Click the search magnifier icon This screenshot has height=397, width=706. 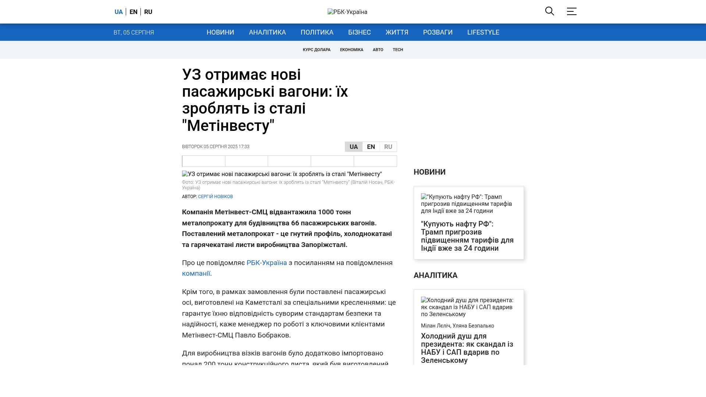[x=549, y=11]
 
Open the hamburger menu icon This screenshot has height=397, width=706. [x=571, y=11]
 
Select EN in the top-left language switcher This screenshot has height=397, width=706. [x=133, y=12]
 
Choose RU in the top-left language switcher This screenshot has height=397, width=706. [x=148, y=12]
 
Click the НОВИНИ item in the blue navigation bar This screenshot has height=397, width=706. [x=220, y=32]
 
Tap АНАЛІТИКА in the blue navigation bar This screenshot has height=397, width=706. [x=267, y=32]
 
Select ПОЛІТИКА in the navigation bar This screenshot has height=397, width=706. [x=317, y=32]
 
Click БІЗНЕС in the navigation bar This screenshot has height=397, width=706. [x=359, y=32]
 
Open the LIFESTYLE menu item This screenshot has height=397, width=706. [x=483, y=32]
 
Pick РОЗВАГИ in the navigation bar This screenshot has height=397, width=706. [x=438, y=32]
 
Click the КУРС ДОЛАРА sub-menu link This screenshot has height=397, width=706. [x=317, y=50]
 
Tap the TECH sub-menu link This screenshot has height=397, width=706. [x=398, y=50]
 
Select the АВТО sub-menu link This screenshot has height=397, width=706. [x=378, y=50]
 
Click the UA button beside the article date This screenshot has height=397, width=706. [x=353, y=147]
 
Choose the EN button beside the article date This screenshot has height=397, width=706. [x=371, y=147]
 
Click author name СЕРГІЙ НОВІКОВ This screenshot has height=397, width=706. [x=215, y=197]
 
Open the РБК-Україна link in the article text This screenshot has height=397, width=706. [x=267, y=263]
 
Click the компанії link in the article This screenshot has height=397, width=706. [x=196, y=273]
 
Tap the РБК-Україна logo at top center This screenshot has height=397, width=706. [x=347, y=12]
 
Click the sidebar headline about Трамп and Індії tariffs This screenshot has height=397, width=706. [x=467, y=236]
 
